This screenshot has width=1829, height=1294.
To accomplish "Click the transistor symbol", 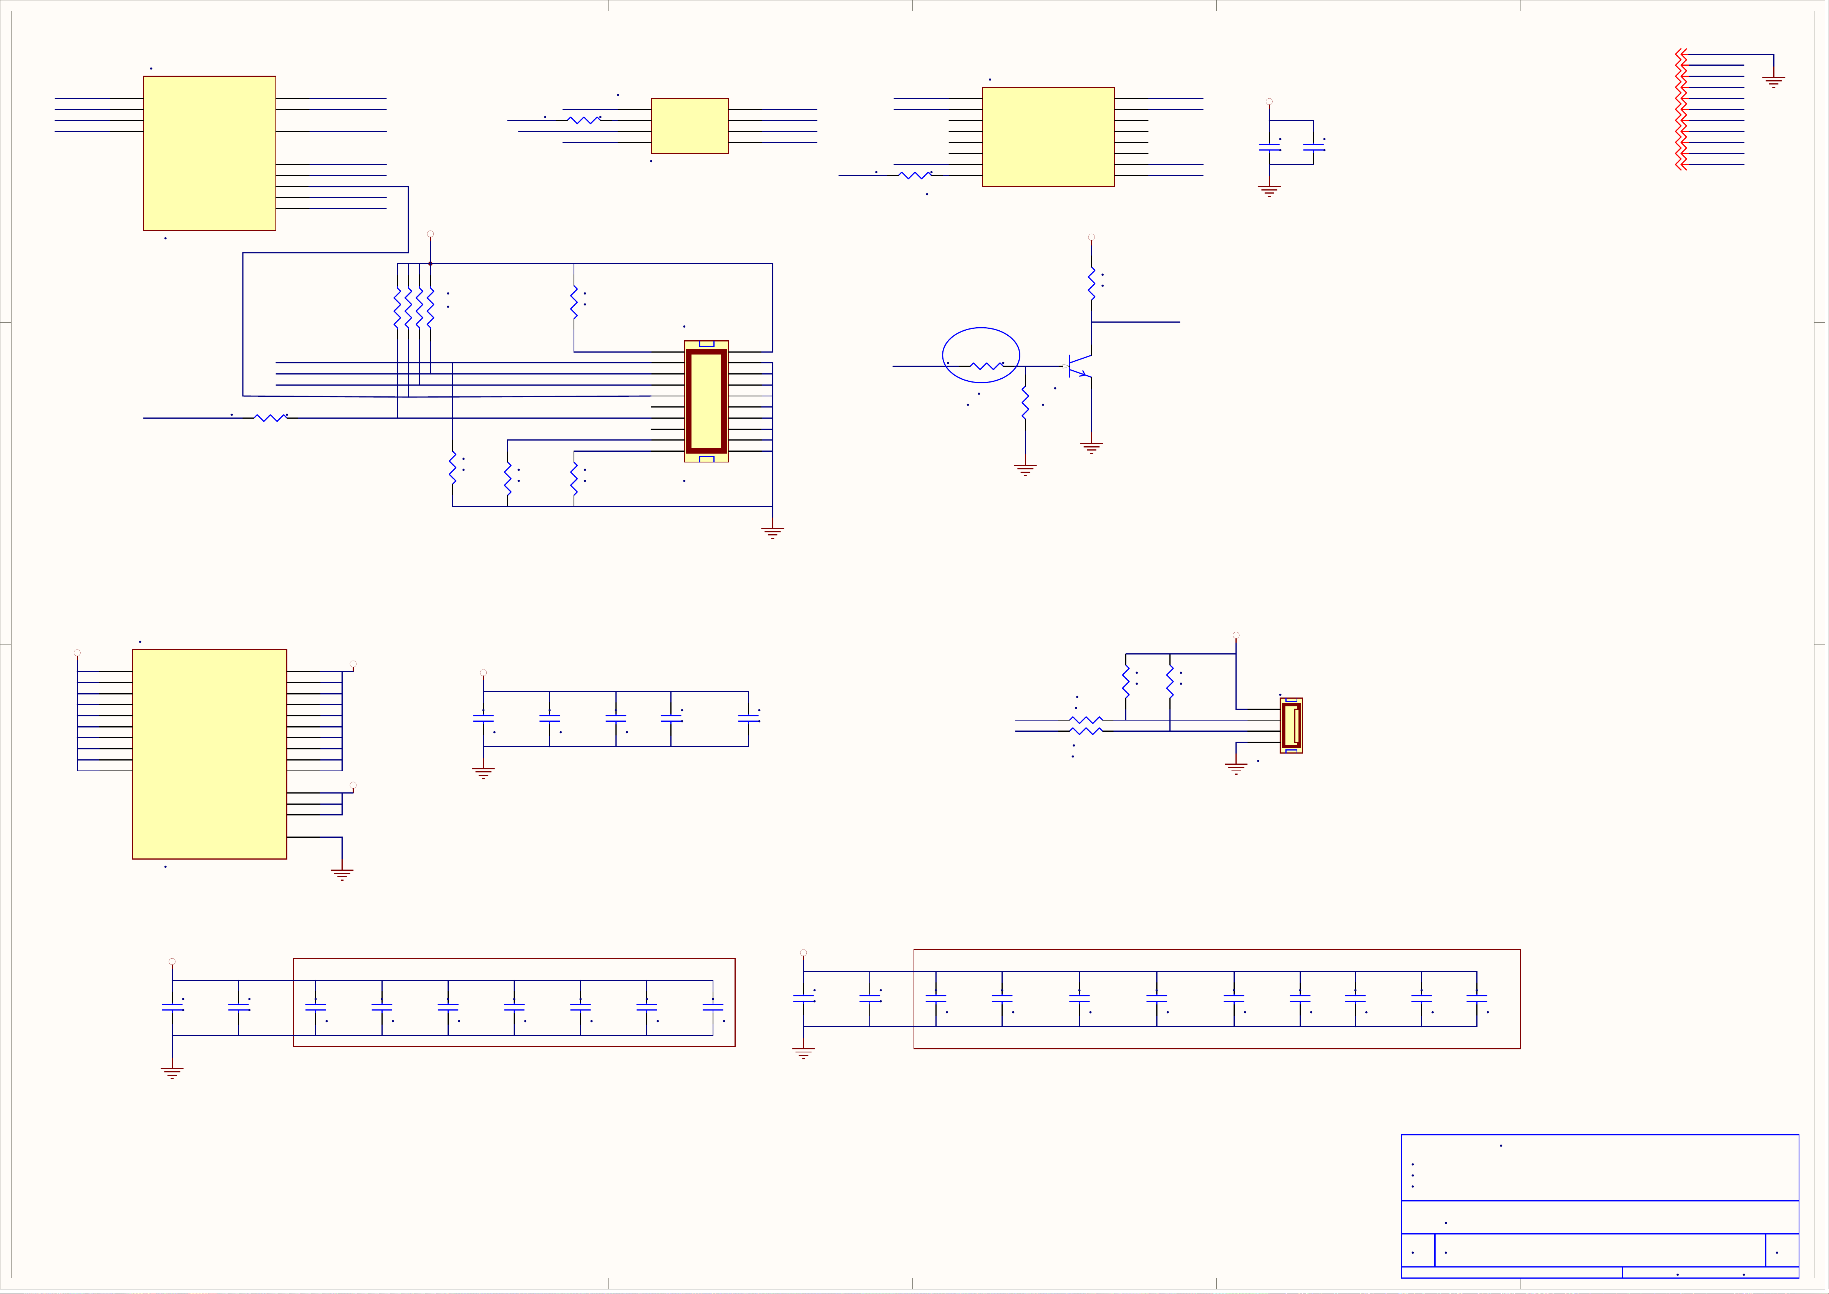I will pyautogui.click(x=1080, y=366).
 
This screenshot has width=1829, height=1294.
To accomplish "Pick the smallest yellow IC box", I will pyautogui.click(x=689, y=126).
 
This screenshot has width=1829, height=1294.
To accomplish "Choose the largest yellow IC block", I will pyautogui.click(x=209, y=754).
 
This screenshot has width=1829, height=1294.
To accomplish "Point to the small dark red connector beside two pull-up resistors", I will pyautogui.click(x=1291, y=725).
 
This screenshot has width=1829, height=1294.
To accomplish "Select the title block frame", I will pyautogui.click(x=1600, y=1206).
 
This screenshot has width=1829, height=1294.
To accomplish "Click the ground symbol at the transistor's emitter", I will pyautogui.click(x=1091, y=448).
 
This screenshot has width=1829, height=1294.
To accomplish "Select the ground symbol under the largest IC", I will pyautogui.click(x=342, y=874).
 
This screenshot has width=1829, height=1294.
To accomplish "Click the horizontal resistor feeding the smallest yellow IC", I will pyautogui.click(x=584, y=120).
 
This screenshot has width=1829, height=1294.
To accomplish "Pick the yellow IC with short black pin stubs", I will pyautogui.click(x=1048, y=137).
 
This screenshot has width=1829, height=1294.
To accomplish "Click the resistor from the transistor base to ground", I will pyautogui.click(x=1025, y=404).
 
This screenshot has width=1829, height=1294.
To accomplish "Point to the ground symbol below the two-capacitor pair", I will pyautogui.click(x=1269, y=191).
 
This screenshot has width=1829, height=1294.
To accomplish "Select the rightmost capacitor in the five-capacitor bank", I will pyautogui.click(x=748, y=718).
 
